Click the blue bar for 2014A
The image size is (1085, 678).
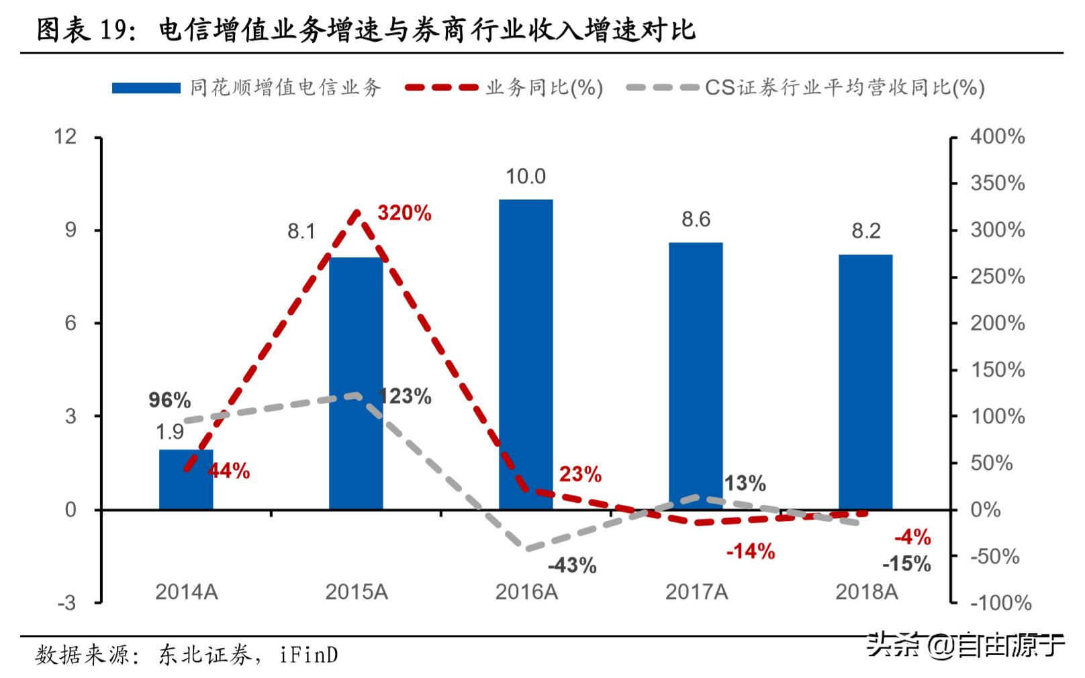tap(186, 479)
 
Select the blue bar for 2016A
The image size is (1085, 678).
tap(526, 354)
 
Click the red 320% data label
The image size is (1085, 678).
tap(404, 213)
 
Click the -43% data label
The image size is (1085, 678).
tap(572, 565)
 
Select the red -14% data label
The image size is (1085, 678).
tap(751, 552)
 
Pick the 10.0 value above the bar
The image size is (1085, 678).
tap(526, 177)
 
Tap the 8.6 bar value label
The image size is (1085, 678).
tap(696, 220)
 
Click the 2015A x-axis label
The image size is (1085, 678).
tap(357, 592)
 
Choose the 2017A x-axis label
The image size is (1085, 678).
tap(696, 592)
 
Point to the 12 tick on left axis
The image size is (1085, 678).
tap(66, 137)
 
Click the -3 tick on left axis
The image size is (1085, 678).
tap(67, 603)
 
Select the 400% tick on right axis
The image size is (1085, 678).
tap(997, 137)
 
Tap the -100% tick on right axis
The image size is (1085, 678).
tap(1000, 603)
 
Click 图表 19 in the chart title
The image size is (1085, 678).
tap(81, 30)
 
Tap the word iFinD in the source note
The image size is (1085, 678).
tap(308, 655)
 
